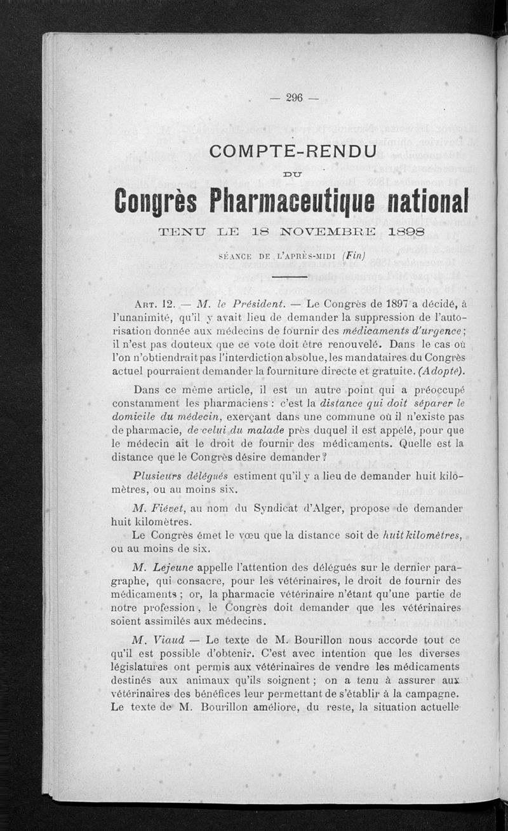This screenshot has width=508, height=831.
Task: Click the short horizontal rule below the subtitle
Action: (289, 277)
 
